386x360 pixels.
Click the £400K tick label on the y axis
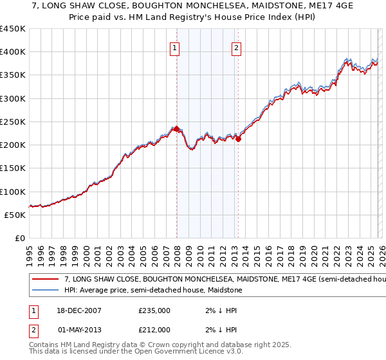13,52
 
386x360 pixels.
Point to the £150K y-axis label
13,168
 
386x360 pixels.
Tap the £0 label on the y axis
19,239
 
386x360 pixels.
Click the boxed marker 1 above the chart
176,47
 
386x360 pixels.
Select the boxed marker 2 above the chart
237,47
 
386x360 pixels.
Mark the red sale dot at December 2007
176,129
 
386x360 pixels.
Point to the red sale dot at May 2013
238,139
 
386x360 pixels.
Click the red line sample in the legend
45,280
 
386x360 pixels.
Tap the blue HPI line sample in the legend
45,291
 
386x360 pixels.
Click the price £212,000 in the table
154,330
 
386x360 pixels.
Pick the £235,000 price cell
154,310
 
